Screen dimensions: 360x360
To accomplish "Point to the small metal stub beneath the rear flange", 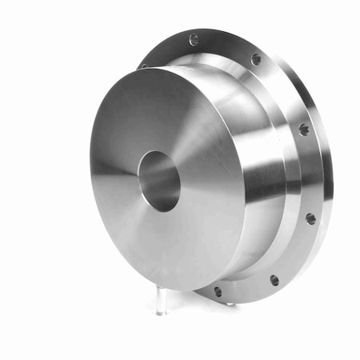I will pyautogui.click(x=230, y=303).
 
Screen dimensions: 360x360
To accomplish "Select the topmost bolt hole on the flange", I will pyautogui.click(x=194, y=38).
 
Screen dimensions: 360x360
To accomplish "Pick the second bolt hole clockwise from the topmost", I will pyautogui.click(x=256, y=59).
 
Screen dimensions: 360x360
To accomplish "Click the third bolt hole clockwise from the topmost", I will pyautogui.click(x=304, y=129).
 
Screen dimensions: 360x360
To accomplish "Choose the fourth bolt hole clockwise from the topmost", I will pyautogui.click(x=310, y=218).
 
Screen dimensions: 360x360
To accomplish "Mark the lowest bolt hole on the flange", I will pyautogui.click(x=218, y=291).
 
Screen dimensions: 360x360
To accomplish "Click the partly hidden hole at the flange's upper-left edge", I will pyautogui.click(x=144, y=66).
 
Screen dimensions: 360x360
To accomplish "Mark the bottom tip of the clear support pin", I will pyautogui.click(x=161, y=312).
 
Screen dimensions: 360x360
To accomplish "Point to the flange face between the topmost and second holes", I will pyautogui.click(x=226, y=46).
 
